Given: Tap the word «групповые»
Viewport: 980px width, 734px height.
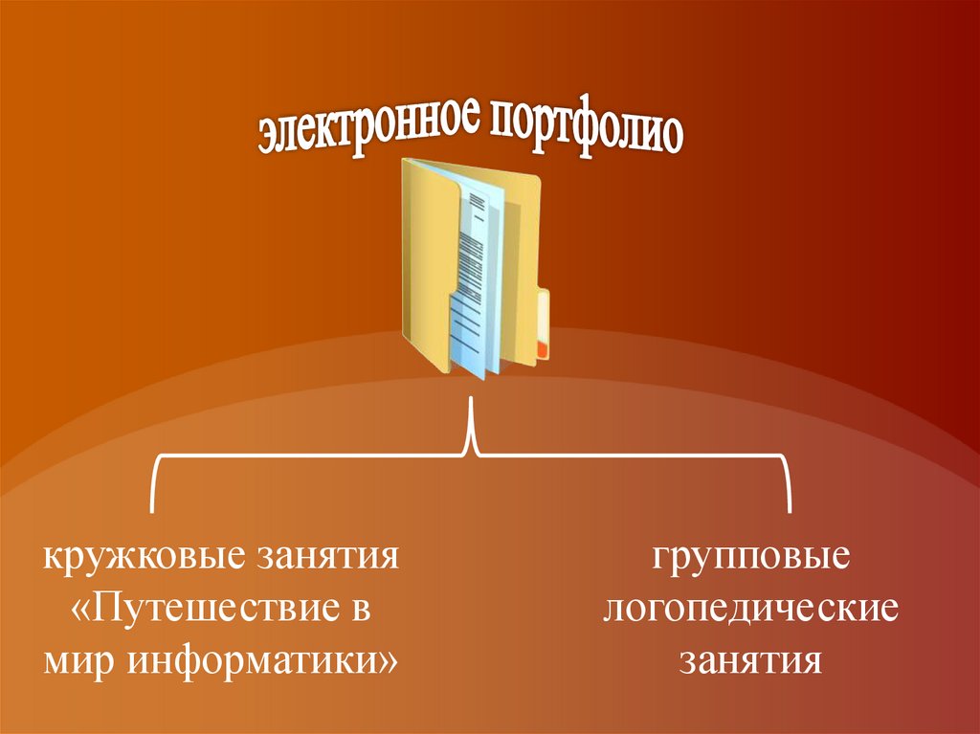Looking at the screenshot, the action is tap(750, 557).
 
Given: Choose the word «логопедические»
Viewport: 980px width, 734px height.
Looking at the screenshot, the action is tap(750, 610).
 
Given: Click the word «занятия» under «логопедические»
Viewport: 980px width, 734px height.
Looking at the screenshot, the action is tap(750, 661).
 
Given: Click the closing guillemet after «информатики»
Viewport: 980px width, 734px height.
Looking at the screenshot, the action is tap(389, 661).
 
